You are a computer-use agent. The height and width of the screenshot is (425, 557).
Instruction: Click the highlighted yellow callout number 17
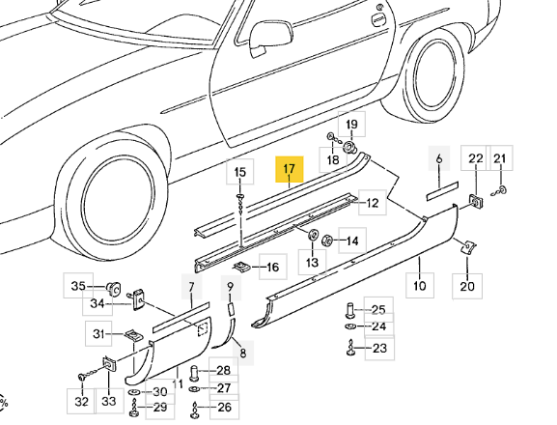[290, 168]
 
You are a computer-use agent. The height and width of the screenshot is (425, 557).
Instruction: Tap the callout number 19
[351, 125]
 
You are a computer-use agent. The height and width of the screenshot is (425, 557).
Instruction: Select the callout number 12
[373, 203]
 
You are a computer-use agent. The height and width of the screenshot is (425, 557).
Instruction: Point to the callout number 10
[420, 285]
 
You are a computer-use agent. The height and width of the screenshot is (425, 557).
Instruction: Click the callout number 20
[467, 286]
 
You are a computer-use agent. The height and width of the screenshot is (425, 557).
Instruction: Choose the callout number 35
[78, 286]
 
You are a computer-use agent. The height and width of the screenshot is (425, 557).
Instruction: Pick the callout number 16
[272, 267]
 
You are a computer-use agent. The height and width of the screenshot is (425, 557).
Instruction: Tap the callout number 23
[379, 348]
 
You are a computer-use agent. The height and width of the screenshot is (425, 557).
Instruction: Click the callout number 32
[81, 402]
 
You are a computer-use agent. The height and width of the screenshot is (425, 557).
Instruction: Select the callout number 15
[240, 172]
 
